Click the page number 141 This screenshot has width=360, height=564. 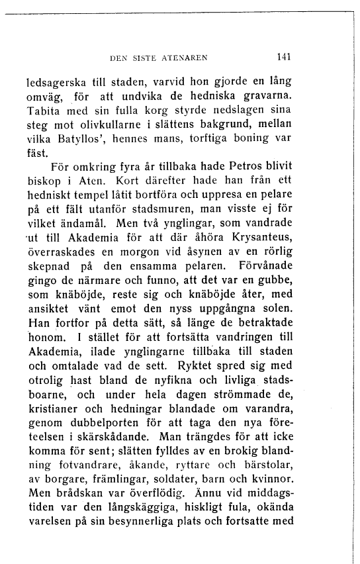tap(285, 57)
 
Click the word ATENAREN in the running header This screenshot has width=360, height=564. tap(185, 58)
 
